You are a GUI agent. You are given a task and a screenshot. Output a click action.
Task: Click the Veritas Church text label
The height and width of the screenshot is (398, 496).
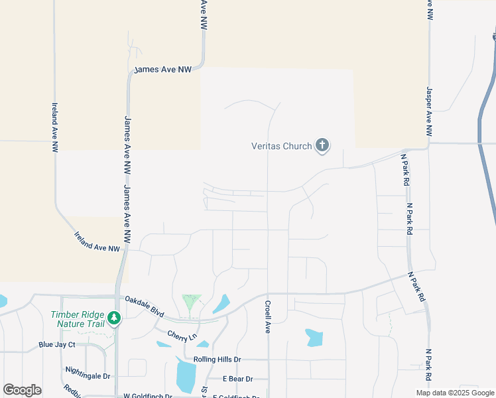click(281, 146)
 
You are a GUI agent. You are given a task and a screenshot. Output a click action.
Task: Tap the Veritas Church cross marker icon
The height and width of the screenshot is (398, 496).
click(322, 145)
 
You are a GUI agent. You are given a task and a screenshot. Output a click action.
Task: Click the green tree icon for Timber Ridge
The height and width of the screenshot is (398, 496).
click(115, 319)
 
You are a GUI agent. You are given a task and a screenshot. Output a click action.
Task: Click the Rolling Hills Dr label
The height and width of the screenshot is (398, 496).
click(217, 360)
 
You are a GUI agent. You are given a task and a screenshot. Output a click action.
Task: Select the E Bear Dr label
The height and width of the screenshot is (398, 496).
click(238, 378)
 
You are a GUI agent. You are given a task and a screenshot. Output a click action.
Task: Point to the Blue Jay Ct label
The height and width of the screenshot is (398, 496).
click(57, 345)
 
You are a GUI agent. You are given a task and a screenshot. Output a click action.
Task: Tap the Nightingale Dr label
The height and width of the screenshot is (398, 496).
click(88, 375)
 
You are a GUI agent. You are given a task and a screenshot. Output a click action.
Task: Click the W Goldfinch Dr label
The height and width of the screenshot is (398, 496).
click(147, 395)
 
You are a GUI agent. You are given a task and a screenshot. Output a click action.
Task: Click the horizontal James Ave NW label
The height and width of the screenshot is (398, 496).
click(162, 69)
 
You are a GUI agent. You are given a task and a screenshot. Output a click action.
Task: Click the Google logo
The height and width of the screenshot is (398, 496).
click(22, 390)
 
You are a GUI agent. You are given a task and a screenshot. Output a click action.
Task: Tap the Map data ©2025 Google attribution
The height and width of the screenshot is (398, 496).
click(456, 393)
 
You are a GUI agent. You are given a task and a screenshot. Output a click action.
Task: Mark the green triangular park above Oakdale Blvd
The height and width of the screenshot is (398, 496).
click(191, 302)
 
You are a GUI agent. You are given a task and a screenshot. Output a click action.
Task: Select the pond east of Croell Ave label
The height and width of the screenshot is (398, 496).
click(314, 338)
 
